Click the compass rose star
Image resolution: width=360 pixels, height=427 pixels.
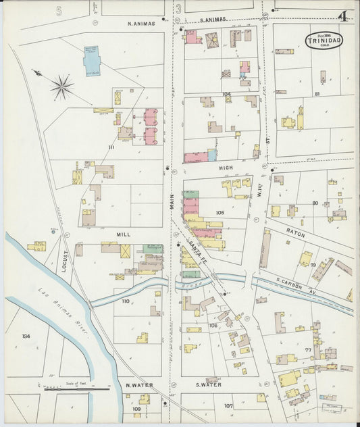point(61,86)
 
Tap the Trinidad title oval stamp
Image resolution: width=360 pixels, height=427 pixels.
point(324,41)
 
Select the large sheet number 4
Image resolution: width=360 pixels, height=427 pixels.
point(344,16)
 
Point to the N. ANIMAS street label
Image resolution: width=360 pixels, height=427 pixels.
point(141,24)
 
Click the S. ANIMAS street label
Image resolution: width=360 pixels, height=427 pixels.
point(212,20)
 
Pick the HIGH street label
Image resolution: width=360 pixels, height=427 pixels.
point(226,167)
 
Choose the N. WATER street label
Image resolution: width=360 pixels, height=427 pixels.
point(140,385)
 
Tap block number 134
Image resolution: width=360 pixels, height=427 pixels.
point(26,336)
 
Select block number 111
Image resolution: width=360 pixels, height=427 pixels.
point(111,147)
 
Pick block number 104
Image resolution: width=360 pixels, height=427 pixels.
point(226,95)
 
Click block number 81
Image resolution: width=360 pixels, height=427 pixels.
point(316,94)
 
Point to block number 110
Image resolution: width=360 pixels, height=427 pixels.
point(125,301)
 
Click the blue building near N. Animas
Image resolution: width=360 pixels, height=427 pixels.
point(91,59)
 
